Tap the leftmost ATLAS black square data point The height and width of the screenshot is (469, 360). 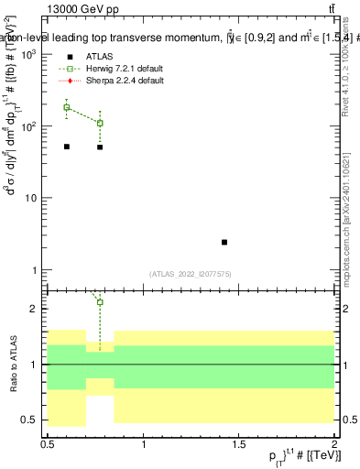(67, 147)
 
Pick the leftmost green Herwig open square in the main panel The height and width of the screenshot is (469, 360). (67, 107)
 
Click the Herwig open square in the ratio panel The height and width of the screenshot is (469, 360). (100, 302)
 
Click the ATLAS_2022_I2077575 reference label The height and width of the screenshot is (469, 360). (191, 273)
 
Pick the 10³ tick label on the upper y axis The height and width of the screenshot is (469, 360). (29, 55)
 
